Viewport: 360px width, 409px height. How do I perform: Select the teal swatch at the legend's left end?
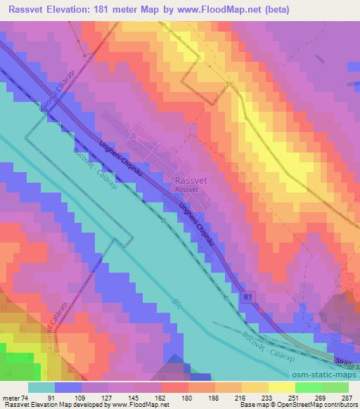[x=41, y=387]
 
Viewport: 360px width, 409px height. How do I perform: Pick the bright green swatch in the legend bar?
[x=309, y=387]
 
